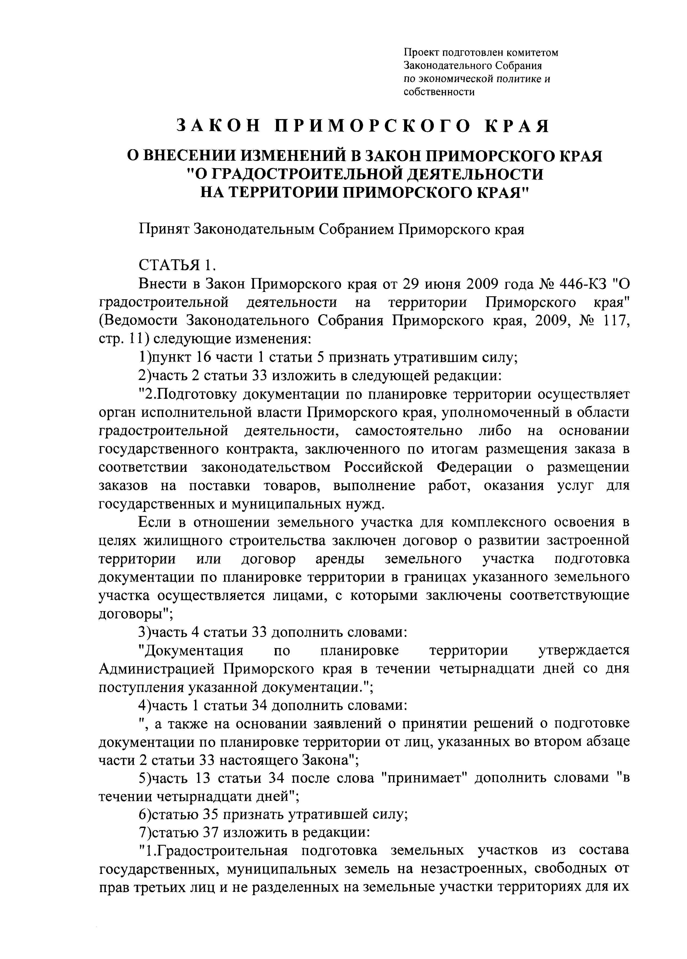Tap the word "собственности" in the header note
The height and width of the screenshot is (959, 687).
click(x=439, y=92)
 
